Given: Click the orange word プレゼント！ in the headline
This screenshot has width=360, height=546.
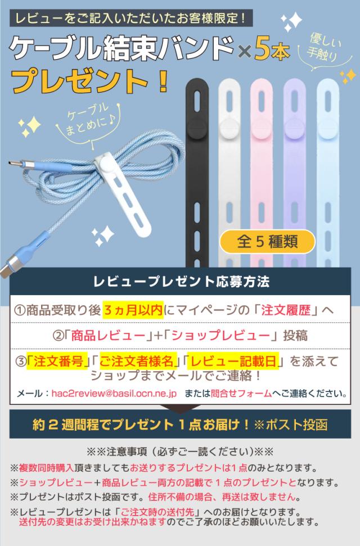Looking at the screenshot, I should point(90,82).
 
